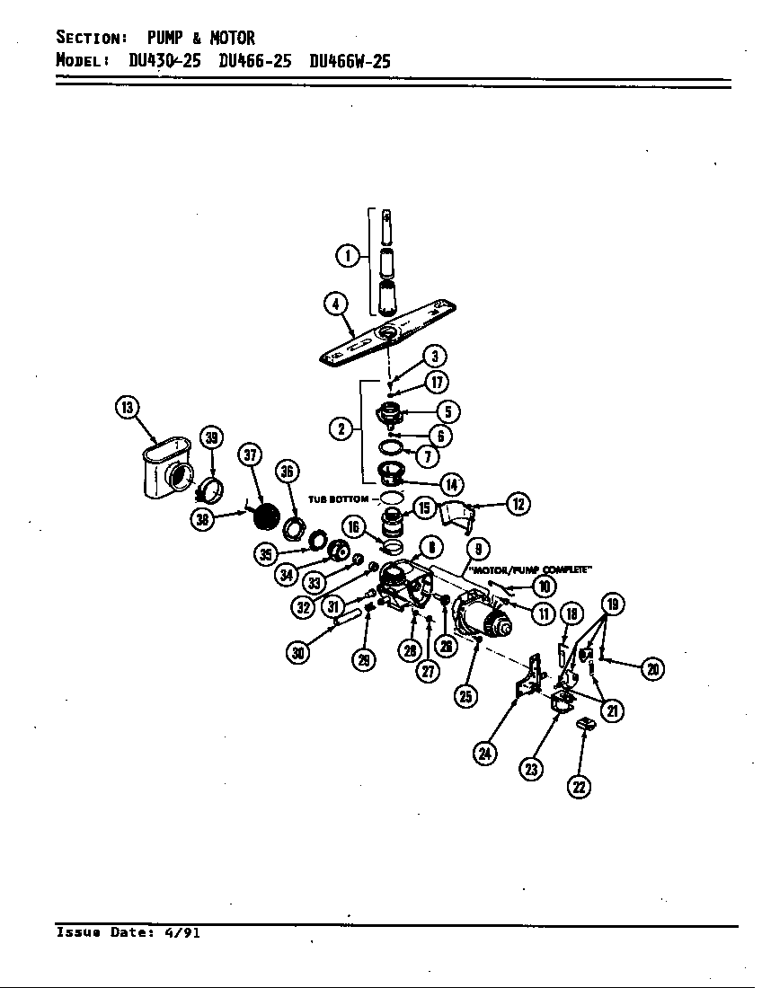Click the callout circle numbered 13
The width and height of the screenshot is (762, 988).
click(127, 408)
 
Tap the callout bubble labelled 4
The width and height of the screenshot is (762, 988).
click(335, 304)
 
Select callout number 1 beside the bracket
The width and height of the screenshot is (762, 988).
click(344, 256)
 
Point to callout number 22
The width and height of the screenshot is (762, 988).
click(579, 787)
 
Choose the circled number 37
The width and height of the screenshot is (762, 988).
click(250, 455)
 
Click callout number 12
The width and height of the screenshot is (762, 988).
click(518, 504)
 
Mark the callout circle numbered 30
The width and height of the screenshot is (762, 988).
click(298, 653)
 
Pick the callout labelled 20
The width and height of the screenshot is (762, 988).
click(654, 668)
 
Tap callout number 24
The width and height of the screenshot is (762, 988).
click(485, 753)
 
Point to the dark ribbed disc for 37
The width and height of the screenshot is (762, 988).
click(264, 518)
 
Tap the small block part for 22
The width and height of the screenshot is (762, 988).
click(585, 723)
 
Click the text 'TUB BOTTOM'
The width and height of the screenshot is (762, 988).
click(338, 498)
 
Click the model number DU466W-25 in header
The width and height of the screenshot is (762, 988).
click(349, 62)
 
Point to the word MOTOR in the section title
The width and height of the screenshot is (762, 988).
click(232, 38)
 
